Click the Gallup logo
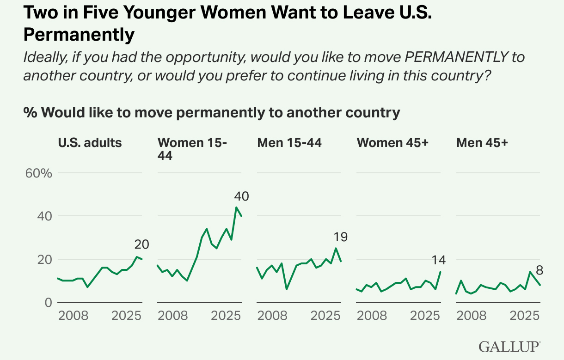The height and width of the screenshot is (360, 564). click(509, 346)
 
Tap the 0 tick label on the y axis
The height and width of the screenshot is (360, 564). click(48, 302)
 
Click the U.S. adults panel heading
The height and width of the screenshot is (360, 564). click(90, 142)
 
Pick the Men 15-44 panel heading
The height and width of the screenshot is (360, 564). click(289, 142)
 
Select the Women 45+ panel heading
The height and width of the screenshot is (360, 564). click(392, 142)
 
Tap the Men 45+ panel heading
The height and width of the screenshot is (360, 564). click(482, 142)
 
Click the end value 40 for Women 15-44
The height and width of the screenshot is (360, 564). click(241, 196)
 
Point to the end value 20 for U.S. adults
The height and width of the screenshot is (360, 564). click(141, 244)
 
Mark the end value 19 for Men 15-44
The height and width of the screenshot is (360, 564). click(340, 238)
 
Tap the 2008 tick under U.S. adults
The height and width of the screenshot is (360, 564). click(73, 316)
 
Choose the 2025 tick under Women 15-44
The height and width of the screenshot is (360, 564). click(226, 316)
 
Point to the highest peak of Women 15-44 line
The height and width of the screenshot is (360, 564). click(237, 207)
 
